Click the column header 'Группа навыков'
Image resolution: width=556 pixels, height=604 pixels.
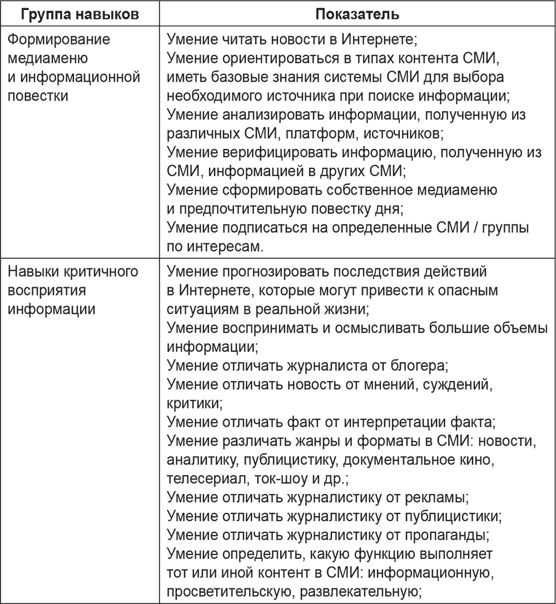[80, 13]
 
